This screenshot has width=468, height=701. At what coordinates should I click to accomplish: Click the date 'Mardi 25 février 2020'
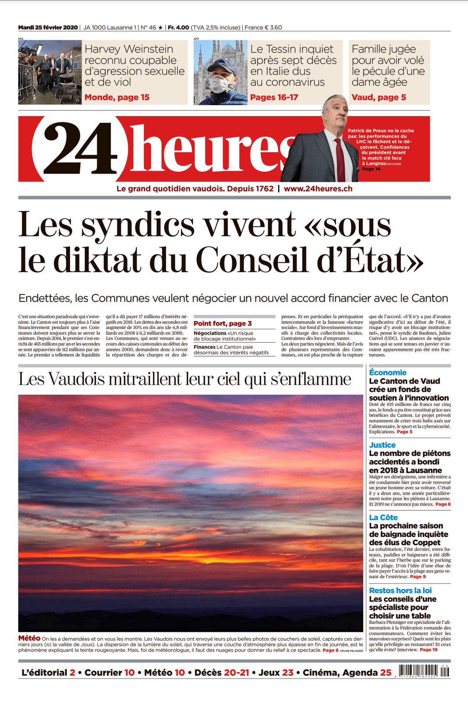[x=48, y=28]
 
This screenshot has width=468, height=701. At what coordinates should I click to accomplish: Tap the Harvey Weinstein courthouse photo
[x=50, y=72]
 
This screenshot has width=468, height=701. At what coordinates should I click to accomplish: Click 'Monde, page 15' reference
[x=117, y=97]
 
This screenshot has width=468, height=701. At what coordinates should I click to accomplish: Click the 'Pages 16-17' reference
[x=274, y=97]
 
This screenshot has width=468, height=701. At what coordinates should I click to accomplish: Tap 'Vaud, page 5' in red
[x=379, y=97]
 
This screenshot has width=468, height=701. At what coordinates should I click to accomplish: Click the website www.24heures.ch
[x=318, y=189]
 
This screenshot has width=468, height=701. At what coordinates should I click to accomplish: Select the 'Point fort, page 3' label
[x=223, y=323]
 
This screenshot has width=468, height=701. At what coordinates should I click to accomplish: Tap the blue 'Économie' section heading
[x=388, y=372]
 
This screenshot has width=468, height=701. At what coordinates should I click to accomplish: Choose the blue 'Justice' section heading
[x=382, y=445]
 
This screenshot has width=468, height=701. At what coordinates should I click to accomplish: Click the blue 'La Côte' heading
[x=383, y=517]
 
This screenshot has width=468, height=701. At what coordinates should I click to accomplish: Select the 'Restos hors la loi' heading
[x=400, y=590]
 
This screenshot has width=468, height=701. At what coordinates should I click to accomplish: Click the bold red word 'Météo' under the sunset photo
[x=29, y=638]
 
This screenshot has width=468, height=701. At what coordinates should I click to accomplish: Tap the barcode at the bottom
[x=423, y=672]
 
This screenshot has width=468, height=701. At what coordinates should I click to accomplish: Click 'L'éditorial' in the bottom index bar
[x=44, y=673]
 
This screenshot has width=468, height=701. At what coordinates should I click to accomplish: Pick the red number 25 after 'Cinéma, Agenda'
[x=386, y=673]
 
